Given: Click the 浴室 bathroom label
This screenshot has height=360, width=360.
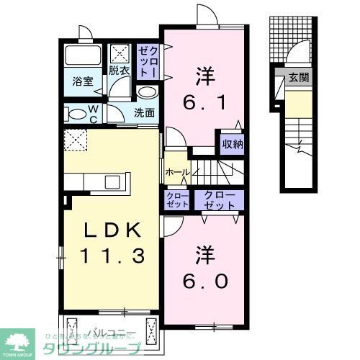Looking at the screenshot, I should [83, 82].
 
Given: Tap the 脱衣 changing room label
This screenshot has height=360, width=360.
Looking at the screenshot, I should [119, 71].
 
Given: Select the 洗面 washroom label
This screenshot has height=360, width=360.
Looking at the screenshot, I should [144, 112].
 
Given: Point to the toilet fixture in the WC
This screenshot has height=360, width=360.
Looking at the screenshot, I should [76, 113].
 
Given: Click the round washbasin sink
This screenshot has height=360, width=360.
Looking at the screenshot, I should [146, 92].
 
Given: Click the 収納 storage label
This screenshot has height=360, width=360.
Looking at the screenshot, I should [231, 143].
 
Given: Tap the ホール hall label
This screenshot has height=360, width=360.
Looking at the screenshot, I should [176, 173].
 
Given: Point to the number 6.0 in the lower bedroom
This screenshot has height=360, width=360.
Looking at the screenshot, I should [204, 282].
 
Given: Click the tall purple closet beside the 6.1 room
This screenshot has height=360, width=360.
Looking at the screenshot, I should [148, 60].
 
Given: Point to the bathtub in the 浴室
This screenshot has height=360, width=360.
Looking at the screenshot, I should [82, 55].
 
